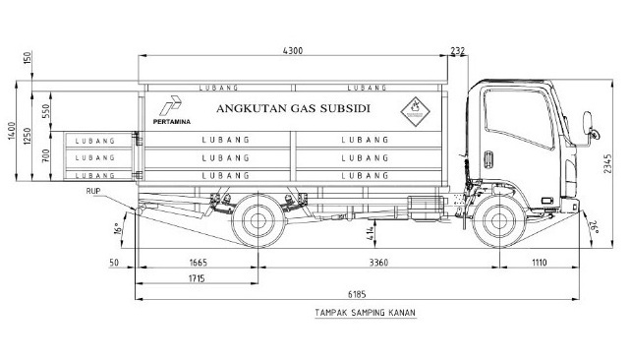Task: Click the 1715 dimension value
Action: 197,280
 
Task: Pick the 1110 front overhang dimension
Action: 537,263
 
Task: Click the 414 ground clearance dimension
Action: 395,233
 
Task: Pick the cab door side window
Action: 502,116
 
